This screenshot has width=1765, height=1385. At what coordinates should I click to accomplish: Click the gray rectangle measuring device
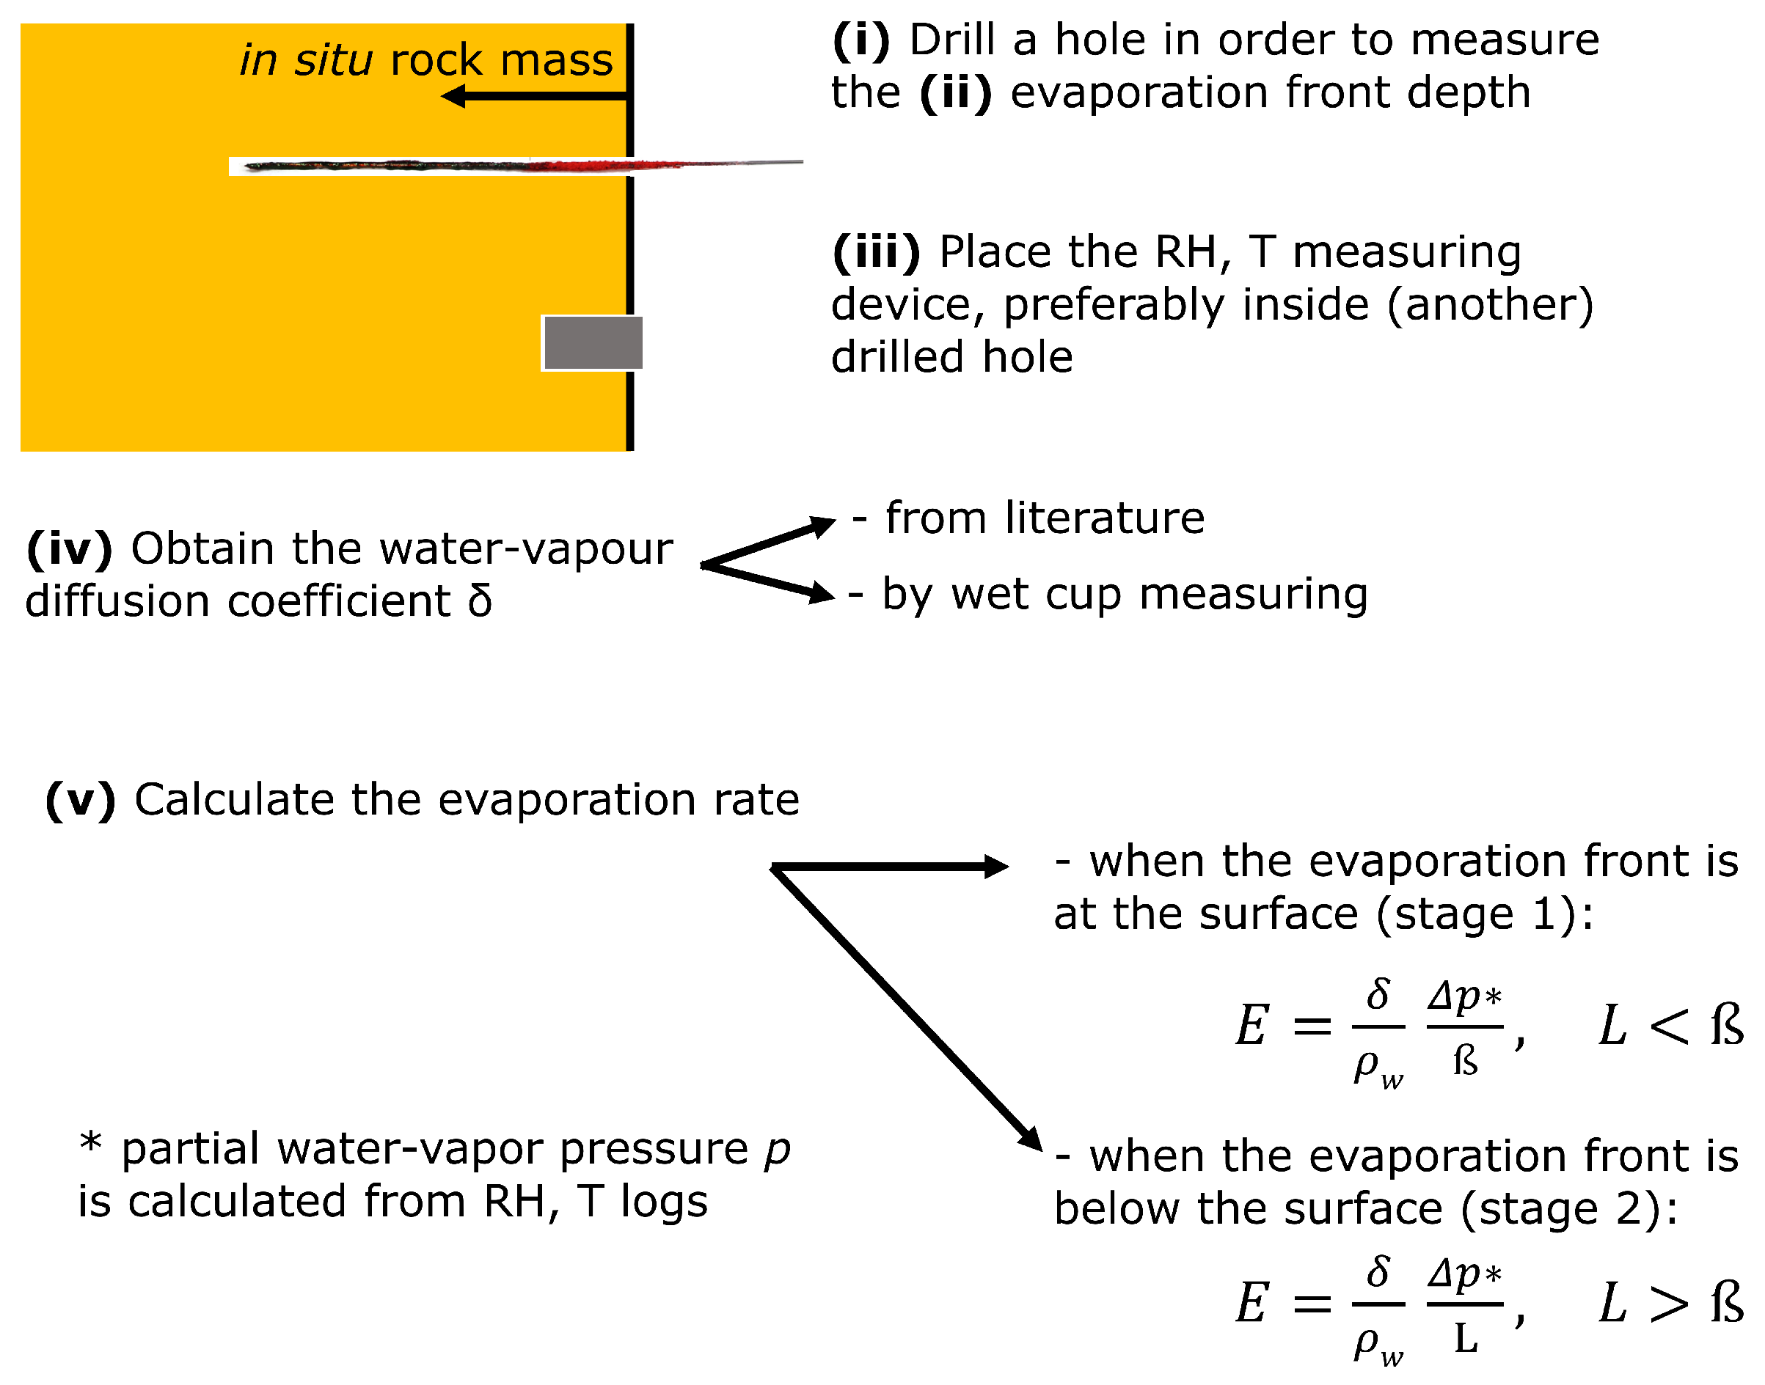pyautogui.click(x=593, y=343)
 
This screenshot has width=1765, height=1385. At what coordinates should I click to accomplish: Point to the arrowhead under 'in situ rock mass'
pyautogui.click(x=454, y=97)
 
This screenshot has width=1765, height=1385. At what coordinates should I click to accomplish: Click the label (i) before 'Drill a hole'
pyautogui.click(x=860, y=40)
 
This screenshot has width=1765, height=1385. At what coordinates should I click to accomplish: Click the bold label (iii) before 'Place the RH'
pyautogui.click(x=876, y=252)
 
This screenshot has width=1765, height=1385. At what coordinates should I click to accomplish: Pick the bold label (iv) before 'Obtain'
pyautogui.click(x=69, y=549)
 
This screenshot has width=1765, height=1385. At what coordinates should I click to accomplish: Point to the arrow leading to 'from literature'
pyautogui.click(x=767, y=543)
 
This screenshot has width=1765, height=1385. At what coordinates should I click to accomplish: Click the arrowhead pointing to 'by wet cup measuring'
pyautogui.click(x=822, y=594)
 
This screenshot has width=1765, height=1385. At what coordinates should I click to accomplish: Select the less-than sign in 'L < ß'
pyautogui.click(x=1668, y=1026)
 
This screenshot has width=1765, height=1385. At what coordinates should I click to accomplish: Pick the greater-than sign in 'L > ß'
pyautogui.click(x=1668, y=1304)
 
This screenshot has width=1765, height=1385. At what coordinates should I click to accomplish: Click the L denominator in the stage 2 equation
pyautogui.click(x=1465, y=1339)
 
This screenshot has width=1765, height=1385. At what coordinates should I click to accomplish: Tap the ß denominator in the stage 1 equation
pyautogui.click(x=1465, y=1061)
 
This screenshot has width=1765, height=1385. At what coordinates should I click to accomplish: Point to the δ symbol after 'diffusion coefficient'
pyautogui.click(x=479, y=601)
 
